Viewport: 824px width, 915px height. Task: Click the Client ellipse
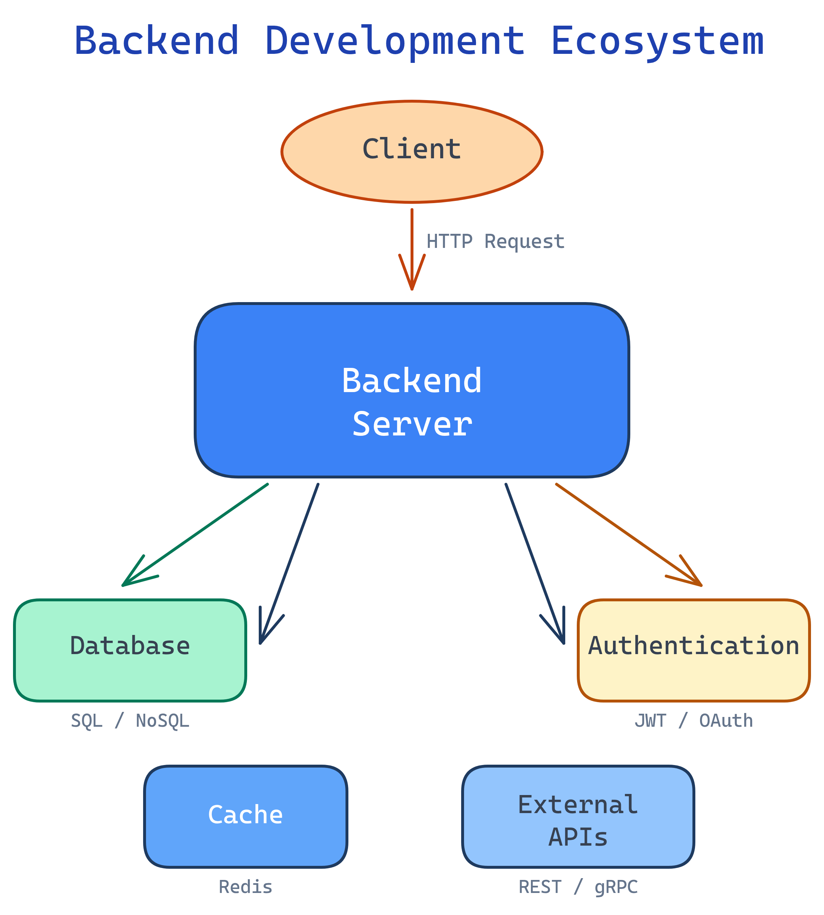[x=412, y=152]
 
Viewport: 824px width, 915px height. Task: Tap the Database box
[x=130, y=650]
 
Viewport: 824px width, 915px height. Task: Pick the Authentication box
[x=693, y=650]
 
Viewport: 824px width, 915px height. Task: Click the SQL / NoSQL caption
[x=130, y=721]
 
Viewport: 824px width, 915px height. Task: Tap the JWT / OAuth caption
[x=693, y=721]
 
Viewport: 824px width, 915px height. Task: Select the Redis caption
[x=245, y=887]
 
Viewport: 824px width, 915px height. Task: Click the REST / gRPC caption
[x=578, y=887]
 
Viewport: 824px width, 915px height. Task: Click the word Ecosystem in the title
[x=657, y=42]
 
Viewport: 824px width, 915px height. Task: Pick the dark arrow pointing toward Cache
[x=290, y=562]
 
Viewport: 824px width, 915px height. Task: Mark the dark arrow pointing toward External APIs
[x=534, y=562]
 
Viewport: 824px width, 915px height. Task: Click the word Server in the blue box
[x=412, y=424]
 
